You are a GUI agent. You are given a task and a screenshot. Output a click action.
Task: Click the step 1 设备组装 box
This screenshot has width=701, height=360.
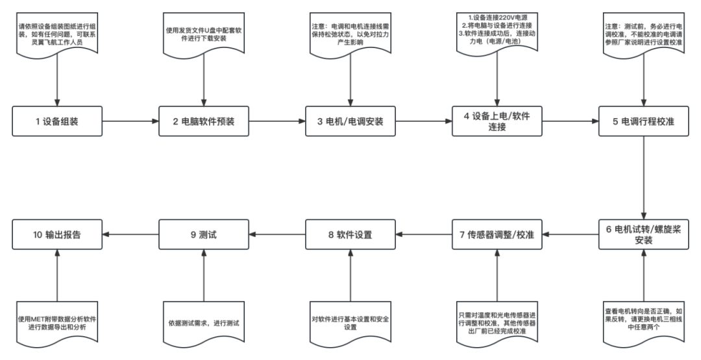click(58, 121)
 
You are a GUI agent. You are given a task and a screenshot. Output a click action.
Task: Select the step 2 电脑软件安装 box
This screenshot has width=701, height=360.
click(204, 121)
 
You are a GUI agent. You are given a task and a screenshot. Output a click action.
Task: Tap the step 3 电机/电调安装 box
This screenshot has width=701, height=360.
click(350, 121)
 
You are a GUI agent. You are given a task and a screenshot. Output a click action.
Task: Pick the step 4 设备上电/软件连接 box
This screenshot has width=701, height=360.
click(497, 121)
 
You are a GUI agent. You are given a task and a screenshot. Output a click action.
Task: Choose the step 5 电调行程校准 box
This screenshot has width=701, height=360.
click(643, 121)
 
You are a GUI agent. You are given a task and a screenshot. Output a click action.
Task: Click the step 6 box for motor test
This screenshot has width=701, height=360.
click(643, 234)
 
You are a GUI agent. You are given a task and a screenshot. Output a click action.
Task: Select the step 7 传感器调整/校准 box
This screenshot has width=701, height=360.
click(497, 234)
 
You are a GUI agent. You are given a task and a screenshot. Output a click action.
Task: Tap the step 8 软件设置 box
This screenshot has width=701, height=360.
click(350, 234)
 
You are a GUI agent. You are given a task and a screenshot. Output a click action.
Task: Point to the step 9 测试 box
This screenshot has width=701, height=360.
click(204, 234)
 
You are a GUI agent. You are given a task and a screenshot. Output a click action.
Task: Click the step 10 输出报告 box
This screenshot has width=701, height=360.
click(58, 234)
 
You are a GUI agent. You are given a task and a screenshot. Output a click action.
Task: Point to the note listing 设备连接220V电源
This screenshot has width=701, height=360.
click(497, 32)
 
